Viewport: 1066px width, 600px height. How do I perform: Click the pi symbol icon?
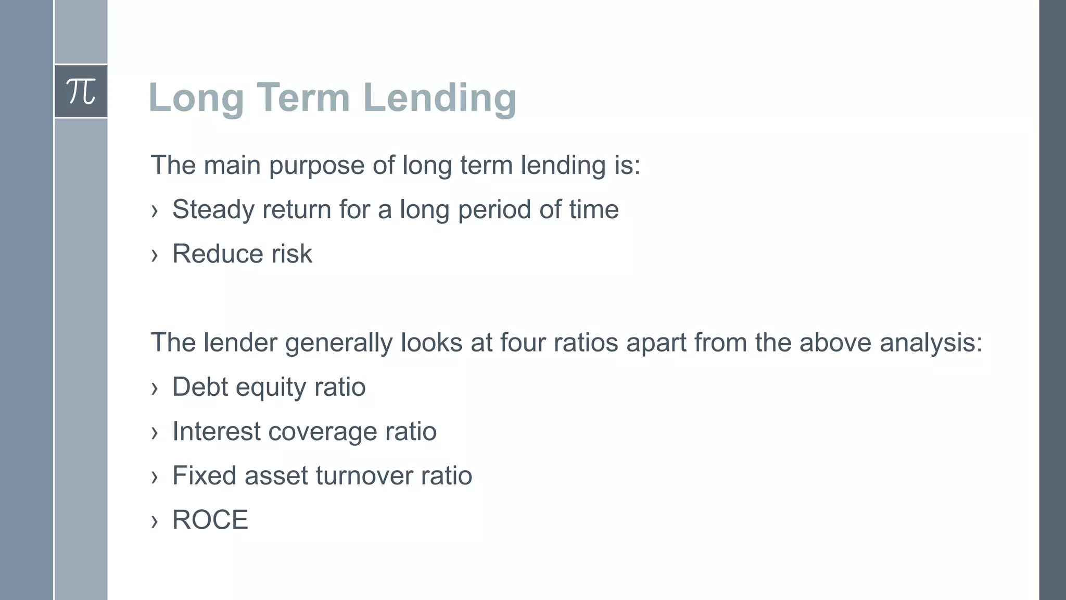point(81,92)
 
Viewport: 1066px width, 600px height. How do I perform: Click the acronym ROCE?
point(210,520)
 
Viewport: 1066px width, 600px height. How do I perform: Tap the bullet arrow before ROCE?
point(154,521)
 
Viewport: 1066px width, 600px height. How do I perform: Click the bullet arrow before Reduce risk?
point(154,255)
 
